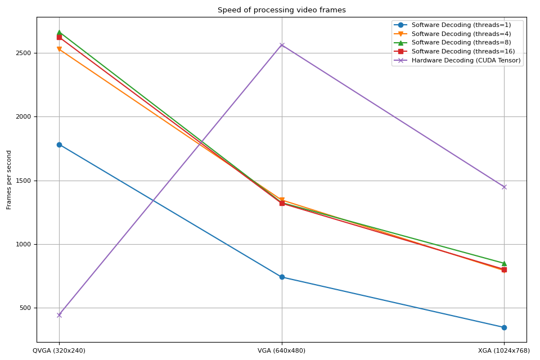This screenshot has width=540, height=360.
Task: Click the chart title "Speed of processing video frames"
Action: point(281,10)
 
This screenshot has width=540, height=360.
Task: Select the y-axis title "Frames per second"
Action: point(9,179)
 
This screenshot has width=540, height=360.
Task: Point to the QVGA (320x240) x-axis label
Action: point(59,350)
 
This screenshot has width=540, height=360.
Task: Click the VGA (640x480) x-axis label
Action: point(281,350)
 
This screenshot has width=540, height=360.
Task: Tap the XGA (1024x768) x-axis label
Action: point(504,350)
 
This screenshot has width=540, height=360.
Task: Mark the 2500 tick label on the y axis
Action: point(25,53)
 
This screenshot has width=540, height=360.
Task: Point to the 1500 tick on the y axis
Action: point(25,181)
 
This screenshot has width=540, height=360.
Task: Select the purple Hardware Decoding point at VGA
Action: point(282,45)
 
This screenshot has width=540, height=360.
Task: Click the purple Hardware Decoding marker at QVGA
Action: point(59,315)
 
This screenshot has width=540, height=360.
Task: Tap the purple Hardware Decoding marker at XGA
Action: point(504,187)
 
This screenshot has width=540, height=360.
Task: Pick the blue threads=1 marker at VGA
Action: point(282,277)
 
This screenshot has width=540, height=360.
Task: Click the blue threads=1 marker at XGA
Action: point(504,327)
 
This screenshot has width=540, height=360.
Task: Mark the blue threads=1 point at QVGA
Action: point(59,145)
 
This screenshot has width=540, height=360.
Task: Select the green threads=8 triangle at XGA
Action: point(504,263)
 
